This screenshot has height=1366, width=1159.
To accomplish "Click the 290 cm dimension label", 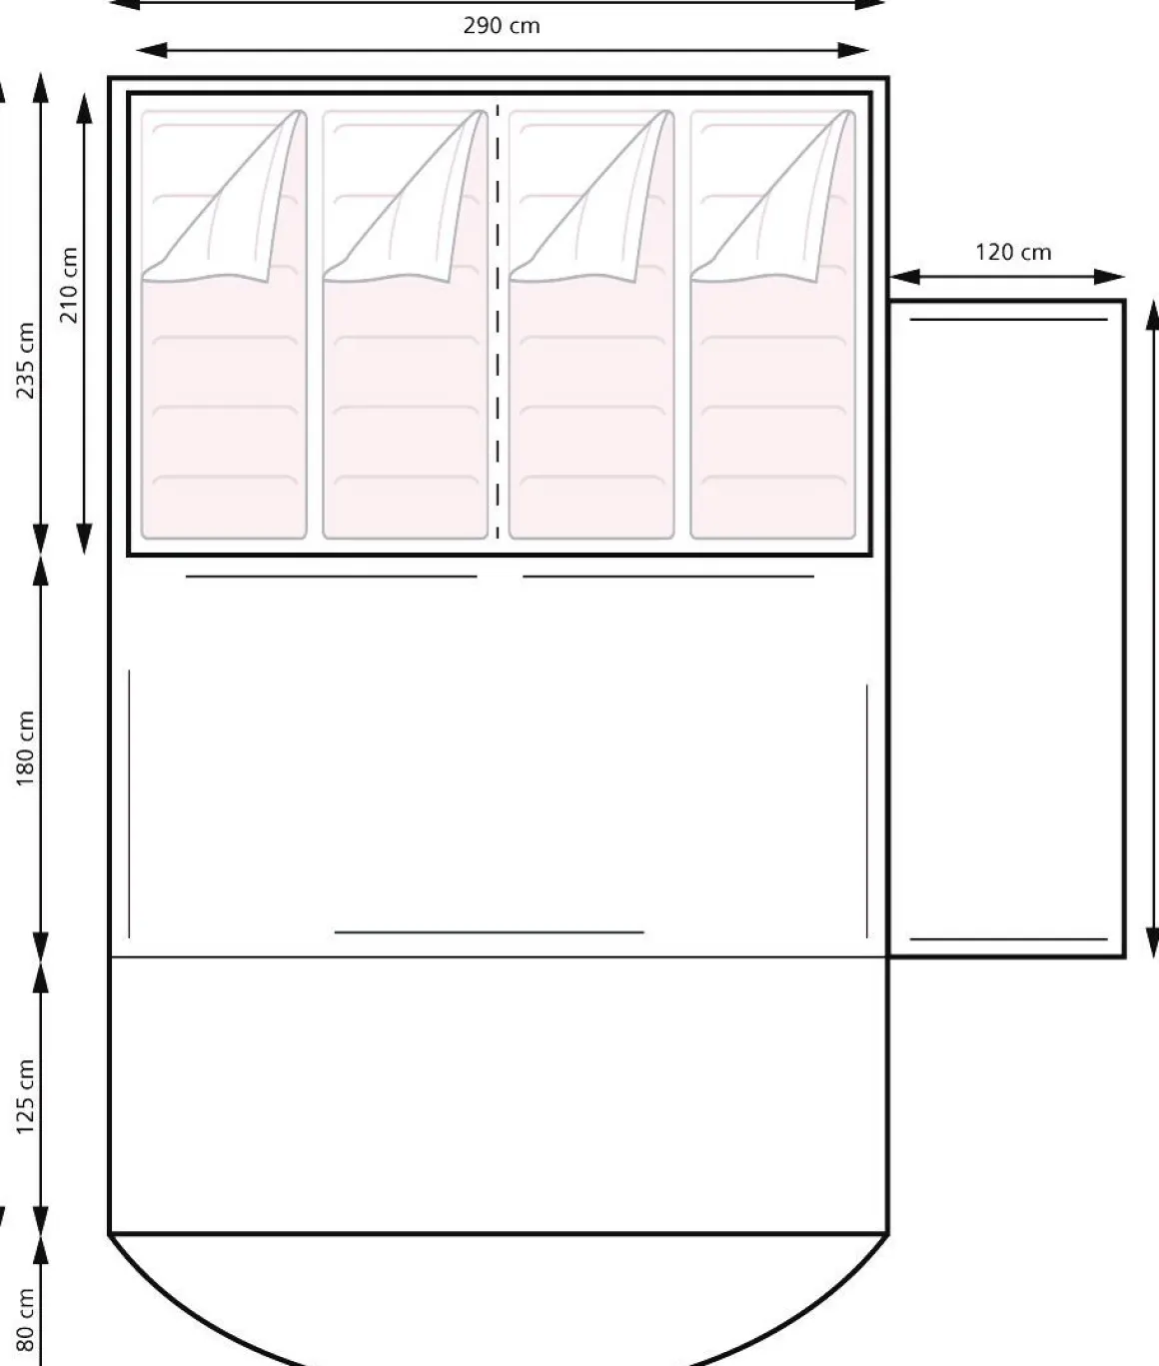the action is coord(502,26).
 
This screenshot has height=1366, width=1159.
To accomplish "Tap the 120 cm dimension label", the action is coord(1013,252).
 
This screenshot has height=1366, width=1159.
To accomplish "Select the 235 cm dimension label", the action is coord(24,360).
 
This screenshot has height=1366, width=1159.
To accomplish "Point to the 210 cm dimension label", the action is coord(69,285).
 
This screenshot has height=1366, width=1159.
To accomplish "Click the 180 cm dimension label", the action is coord(24,748).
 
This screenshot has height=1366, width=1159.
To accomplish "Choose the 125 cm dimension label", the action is coord(24,1096).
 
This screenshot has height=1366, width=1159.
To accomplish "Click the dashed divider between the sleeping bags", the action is coord(498,322).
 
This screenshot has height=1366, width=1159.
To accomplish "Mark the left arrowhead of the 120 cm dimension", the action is coord(904,277).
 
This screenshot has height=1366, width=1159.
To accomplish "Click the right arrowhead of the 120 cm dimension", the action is coord(1109,277).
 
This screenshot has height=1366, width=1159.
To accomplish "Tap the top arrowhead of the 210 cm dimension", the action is coord(84,108).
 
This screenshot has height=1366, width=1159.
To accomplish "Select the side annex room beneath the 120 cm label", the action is coord(1007,629).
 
